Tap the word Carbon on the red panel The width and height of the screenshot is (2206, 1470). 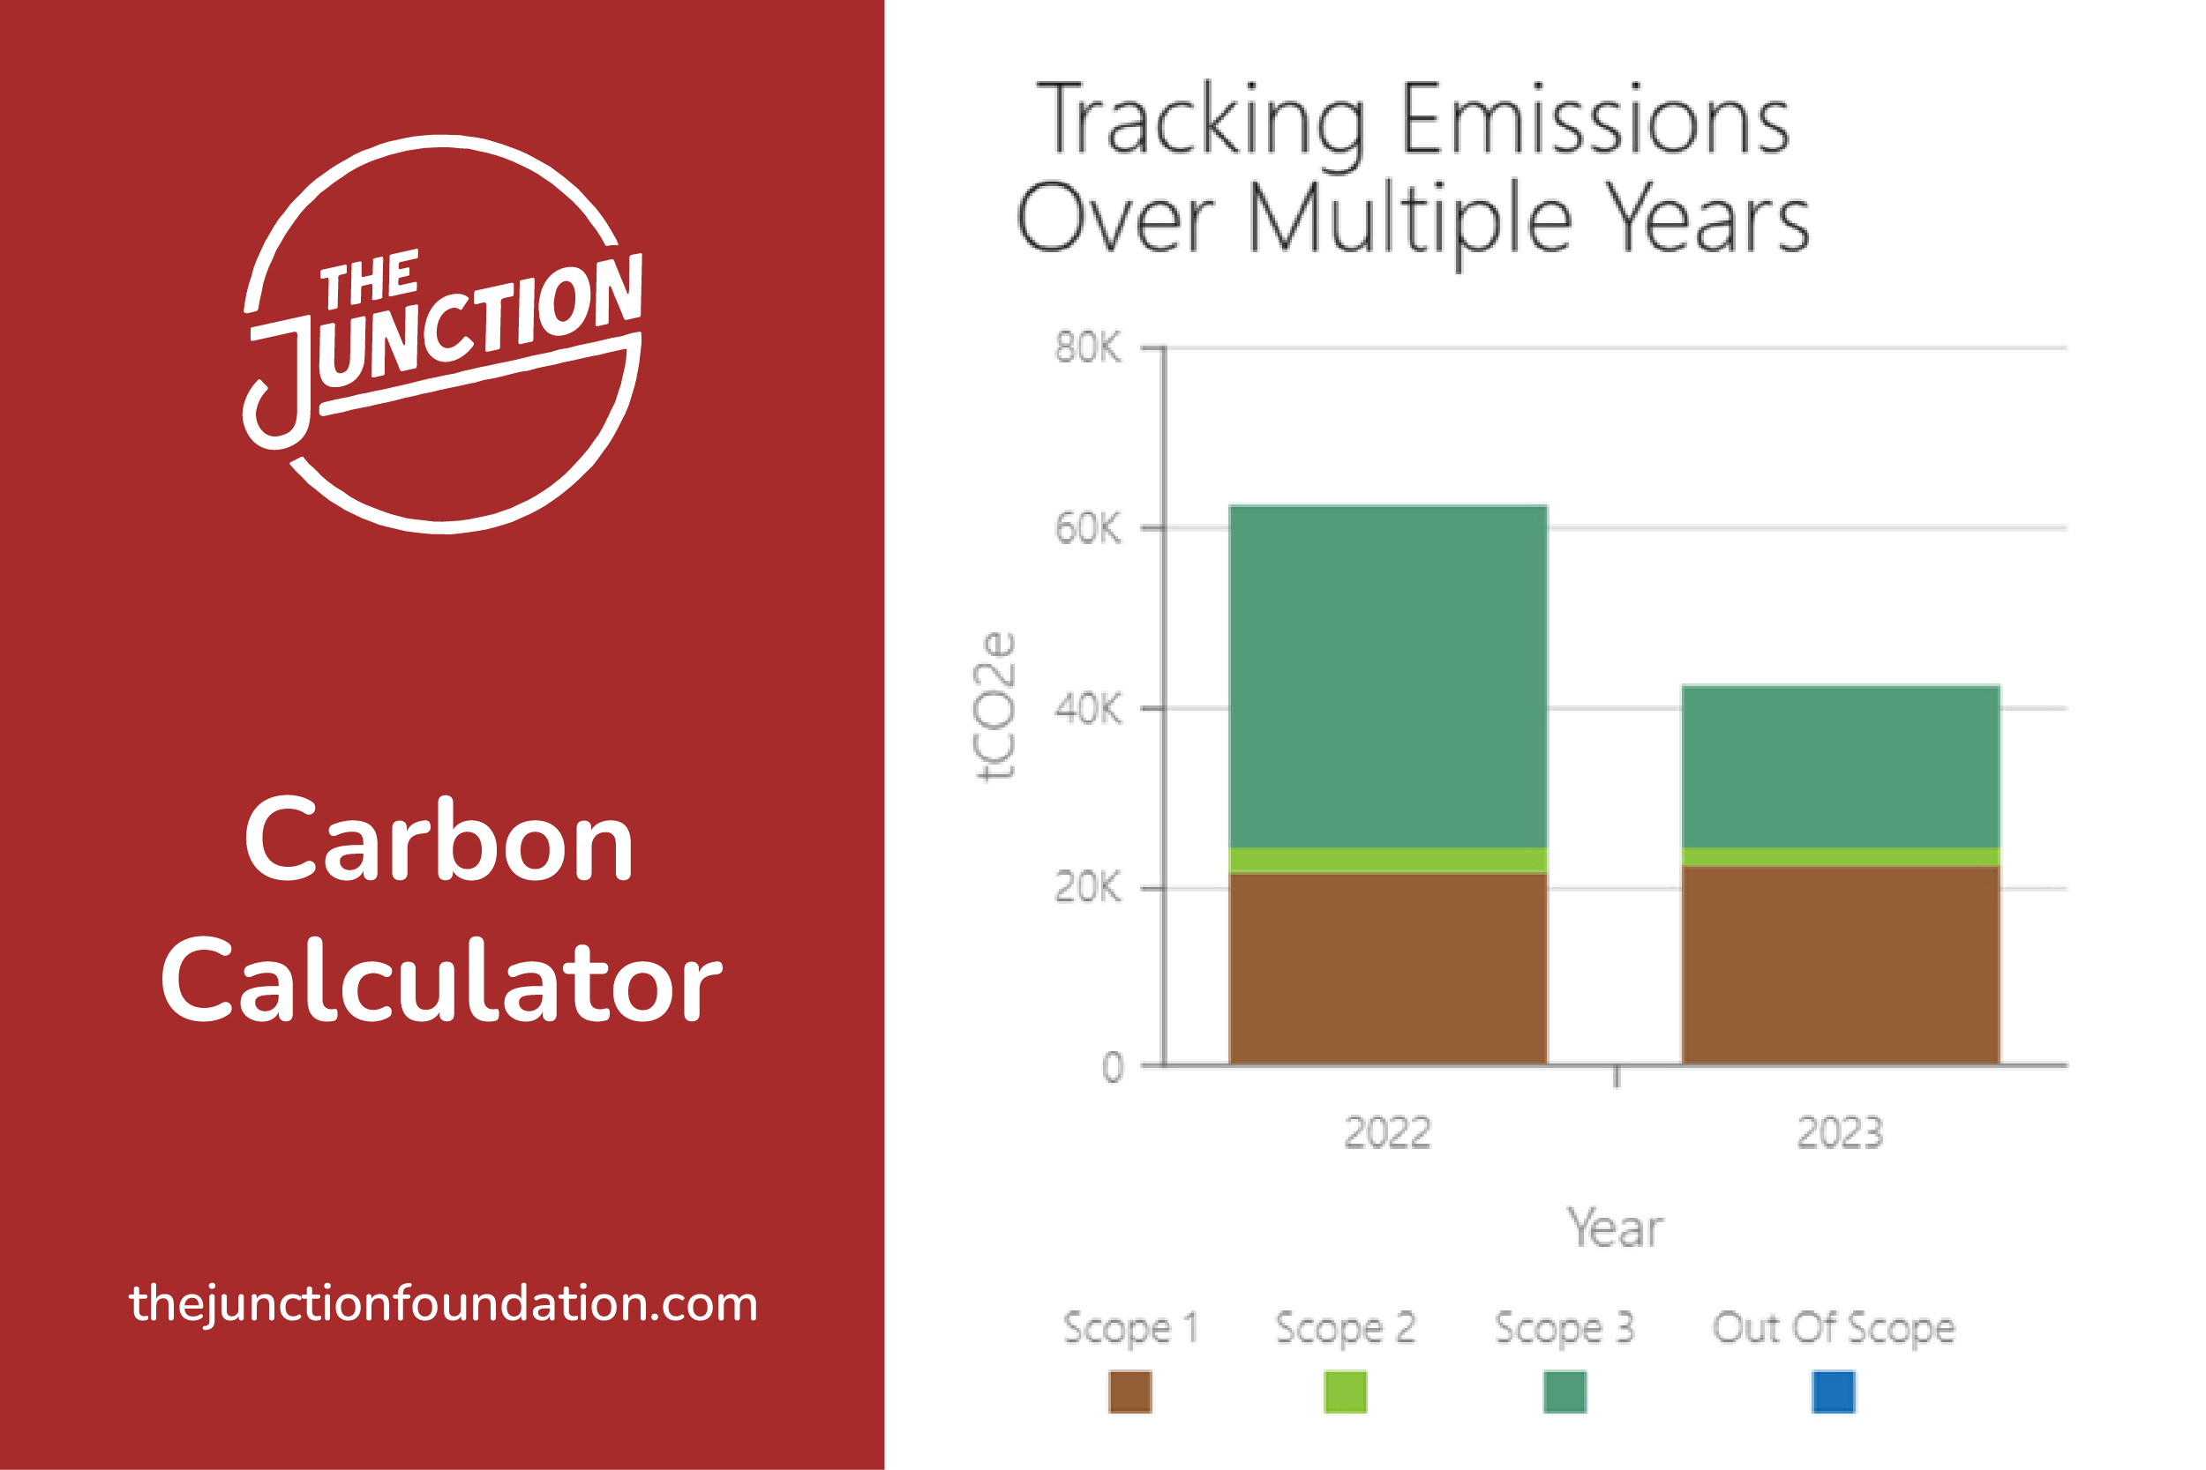(x=439, y=840)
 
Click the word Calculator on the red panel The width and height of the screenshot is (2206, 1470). (x=441, y=981)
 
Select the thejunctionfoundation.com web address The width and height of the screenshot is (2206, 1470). (x=443, y=1304)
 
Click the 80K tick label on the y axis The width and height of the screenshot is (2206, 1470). (x=1087, y=347)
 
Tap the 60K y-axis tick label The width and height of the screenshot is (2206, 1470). (x=1087, y=529)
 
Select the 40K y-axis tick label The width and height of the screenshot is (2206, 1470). (x=1087, y=709)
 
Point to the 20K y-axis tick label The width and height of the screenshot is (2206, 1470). (x=1087, y=887)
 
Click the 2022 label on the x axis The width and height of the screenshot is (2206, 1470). (x=1387, y=1133)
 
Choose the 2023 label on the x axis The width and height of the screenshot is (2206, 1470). (x=1840, y=1133)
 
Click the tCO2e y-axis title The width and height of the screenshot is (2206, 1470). (x=995, y=707)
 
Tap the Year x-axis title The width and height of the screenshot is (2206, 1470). (x=1615, y=1228)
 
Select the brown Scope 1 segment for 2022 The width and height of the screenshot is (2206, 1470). (x=1388, y=968)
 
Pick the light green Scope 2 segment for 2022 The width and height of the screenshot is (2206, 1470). (x=1388, y=861)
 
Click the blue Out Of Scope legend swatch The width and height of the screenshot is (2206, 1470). (x=1834, y=1392)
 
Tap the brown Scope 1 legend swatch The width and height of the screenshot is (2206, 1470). (x=1130, y=1392)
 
